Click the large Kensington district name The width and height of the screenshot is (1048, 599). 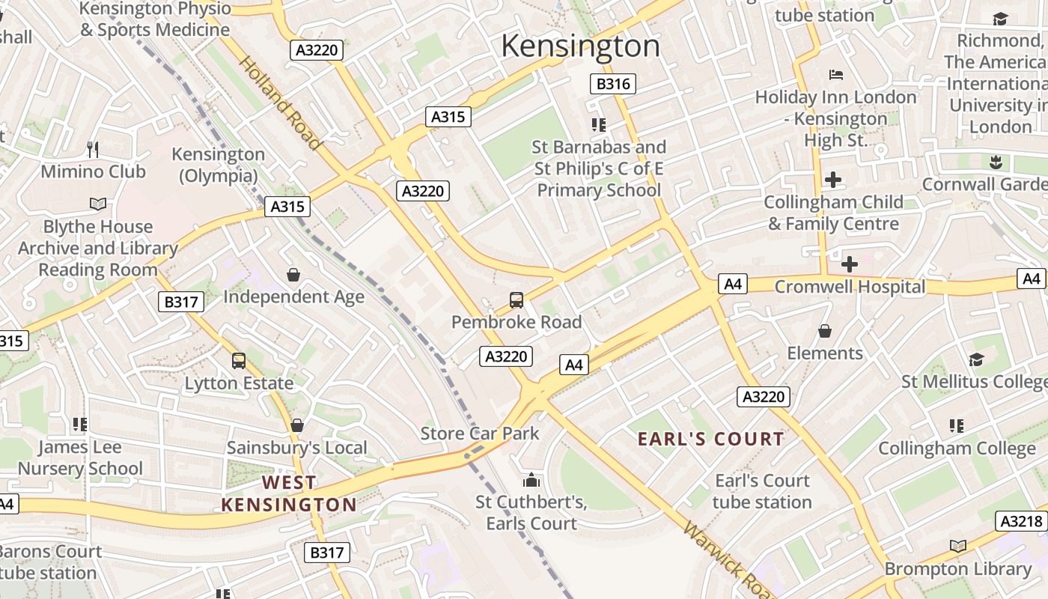click(x=580, y=46)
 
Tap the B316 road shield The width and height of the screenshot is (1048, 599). click(x=612, y=84)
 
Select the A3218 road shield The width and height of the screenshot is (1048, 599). click(x=1020, y=521)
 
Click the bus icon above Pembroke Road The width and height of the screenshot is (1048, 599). click(x=516, y=300)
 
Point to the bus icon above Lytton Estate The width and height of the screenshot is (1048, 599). click(x=239, y=361)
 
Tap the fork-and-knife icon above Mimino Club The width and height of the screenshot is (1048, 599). click(x=93, y=149)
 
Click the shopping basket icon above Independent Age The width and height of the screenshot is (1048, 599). click(x=293, y=275)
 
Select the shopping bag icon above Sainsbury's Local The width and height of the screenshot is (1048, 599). click(x=297, y=425)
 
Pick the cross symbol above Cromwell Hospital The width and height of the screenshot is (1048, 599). click(x=849, y=264)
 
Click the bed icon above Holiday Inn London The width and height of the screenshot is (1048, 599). click(x=836, y=75)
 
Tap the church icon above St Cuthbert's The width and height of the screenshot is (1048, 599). click(x=531, y=479)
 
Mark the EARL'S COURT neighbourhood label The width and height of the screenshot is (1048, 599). click(x=710, y=439)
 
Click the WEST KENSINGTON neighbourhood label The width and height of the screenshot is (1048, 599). click(x=289, y=493)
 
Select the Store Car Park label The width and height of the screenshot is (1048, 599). click(x=479, y=433)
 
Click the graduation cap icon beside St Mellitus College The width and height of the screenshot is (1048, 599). click(x=975, y=360)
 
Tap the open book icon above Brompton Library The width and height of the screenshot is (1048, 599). click(x=957, y=546)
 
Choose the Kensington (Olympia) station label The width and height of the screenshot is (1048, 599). click(x=218, y=165)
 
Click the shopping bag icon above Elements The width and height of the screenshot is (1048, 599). click(x=824, y=331)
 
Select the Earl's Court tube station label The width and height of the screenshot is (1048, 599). click(x=762, y=491)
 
